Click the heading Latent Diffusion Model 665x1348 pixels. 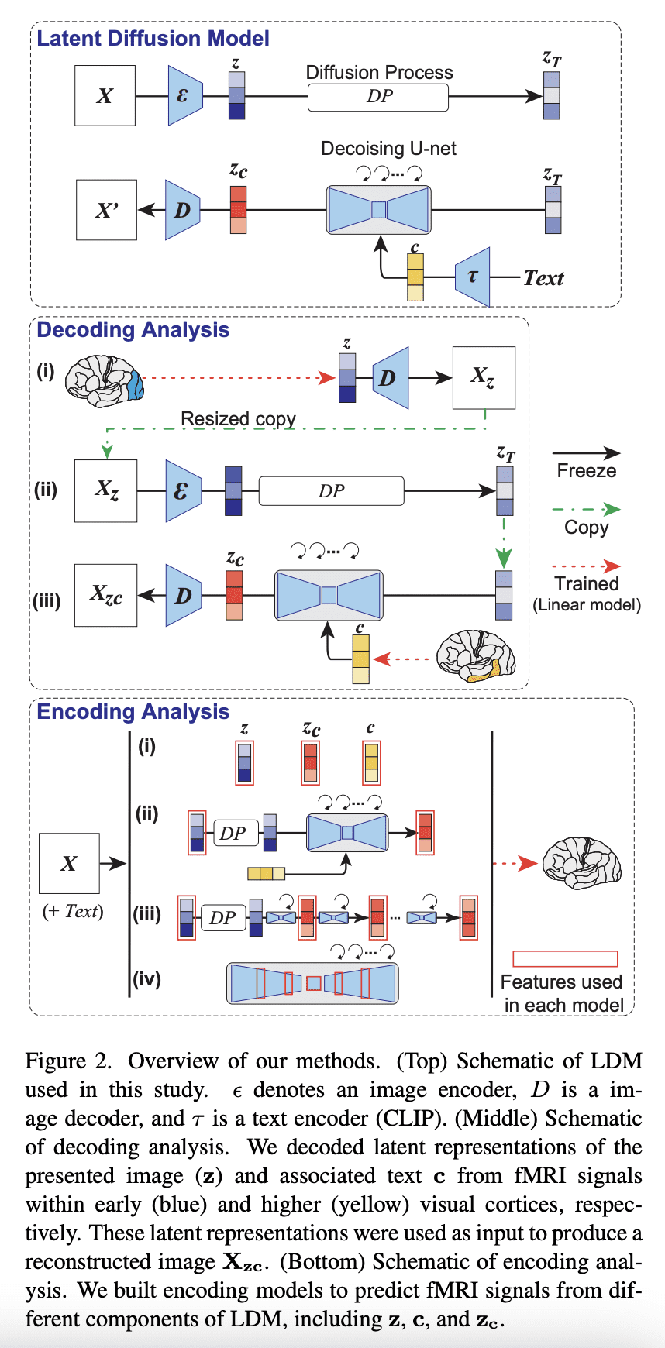tap(153, 39)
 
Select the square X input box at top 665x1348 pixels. tap(105, 96)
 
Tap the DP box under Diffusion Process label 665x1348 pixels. tap(378, 98)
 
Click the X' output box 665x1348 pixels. tap(106, 210)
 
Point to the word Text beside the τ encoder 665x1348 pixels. tap(543, 278)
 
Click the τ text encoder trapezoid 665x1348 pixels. tap(472, 277)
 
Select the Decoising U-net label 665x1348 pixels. tap(388, 149)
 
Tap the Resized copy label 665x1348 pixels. tap(238, 419)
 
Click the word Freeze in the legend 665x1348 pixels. tap(587, 471)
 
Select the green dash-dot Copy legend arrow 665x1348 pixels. tap(586, 510)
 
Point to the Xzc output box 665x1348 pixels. tap(105, 595)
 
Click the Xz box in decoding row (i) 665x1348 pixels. tap(484, 377)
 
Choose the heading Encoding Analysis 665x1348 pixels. tap(133, 712)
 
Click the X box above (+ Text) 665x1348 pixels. tap(69, 864)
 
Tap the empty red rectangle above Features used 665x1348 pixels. tap(565, 959)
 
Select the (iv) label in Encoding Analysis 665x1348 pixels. tap(146, 979)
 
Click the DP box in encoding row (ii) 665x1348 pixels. tap(233, 834)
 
